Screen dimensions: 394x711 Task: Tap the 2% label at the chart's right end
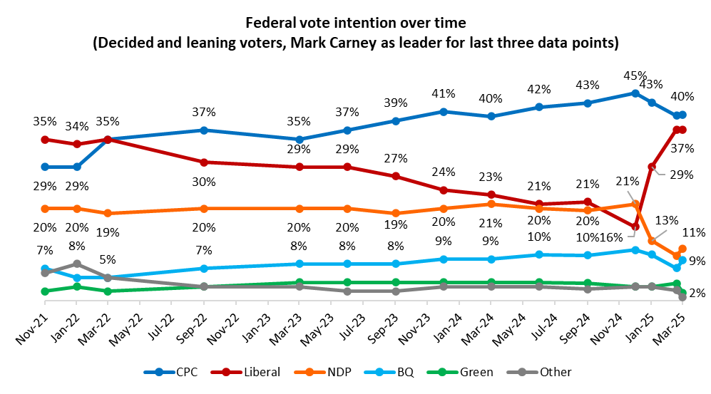coord(677,291)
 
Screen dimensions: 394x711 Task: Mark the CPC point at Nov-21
coord(45,167)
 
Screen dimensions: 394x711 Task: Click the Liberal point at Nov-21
coord(45,140)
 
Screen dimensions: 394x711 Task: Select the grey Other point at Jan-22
coord(77,264)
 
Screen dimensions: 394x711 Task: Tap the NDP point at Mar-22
coord(108,213)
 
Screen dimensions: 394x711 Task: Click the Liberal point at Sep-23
coord(395,176)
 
